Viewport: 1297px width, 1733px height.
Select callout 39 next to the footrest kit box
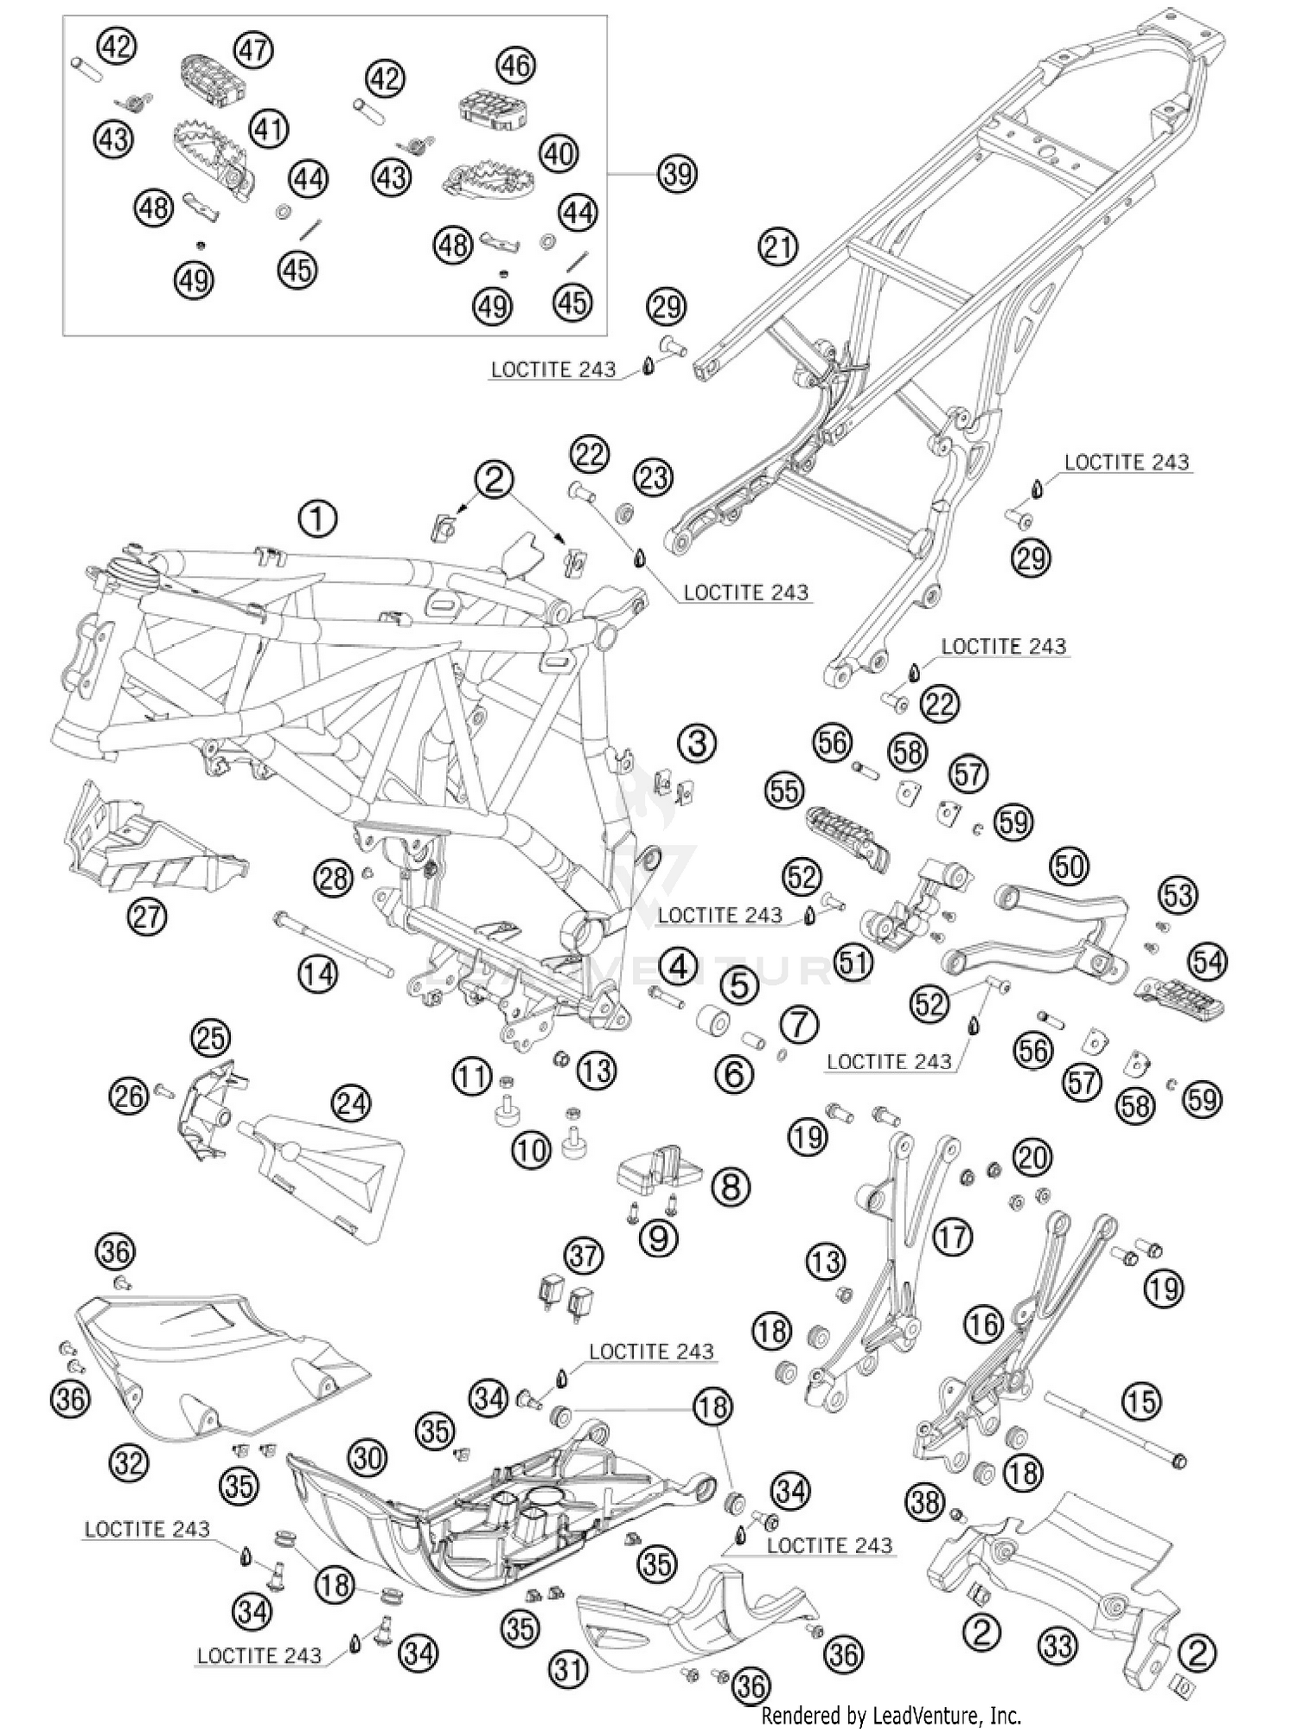676,174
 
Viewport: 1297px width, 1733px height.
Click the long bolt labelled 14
334,944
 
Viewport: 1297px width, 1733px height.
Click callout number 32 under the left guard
130,1462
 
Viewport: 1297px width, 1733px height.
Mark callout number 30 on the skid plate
367,1458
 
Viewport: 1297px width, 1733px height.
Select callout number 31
568,1668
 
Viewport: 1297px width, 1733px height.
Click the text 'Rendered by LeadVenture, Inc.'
891,1715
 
